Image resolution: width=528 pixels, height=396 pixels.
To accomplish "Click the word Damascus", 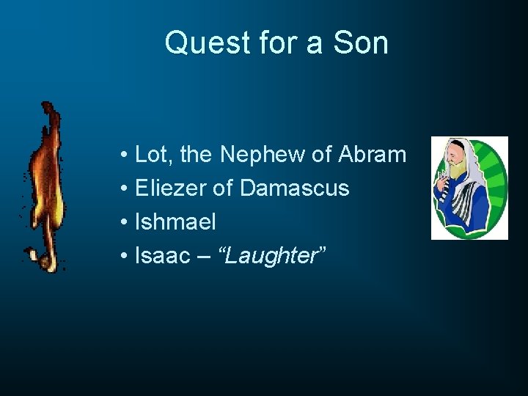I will tap(294, 188).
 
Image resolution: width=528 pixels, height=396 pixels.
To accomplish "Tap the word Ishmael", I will tap(176, 222).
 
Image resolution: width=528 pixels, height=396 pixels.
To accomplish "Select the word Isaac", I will tap(163, 256).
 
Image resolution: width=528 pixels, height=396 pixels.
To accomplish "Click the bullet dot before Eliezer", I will tap(126, 189).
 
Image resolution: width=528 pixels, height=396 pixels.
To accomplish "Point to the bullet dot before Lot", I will tap(126, 155).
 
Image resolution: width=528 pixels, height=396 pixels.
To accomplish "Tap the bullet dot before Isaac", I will tap(126, 257).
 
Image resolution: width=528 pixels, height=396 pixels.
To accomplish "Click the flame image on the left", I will tap(45, 187).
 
